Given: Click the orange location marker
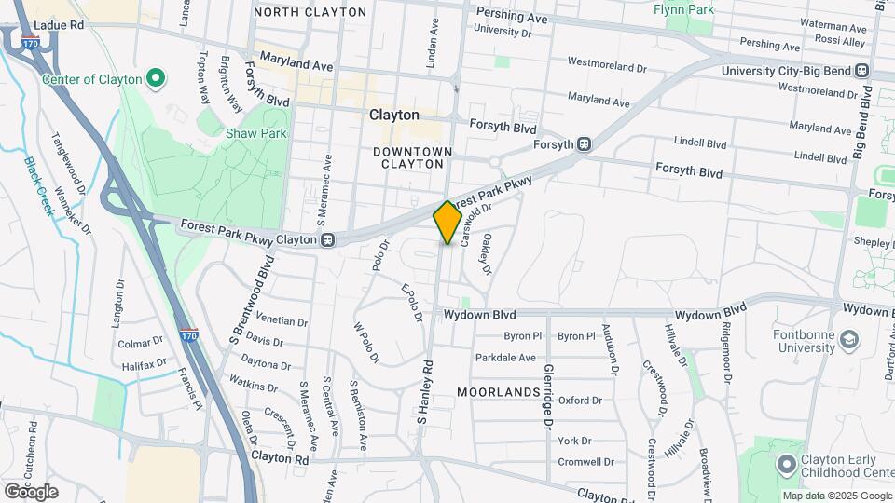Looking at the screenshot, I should [x=447, y=223].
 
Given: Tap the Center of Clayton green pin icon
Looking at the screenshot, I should [x=157, y=79].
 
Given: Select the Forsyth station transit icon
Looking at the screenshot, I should [x=584, y=144].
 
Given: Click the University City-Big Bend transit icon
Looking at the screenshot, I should [x=862, y=70].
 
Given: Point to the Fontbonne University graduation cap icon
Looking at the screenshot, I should [x=848, y=339].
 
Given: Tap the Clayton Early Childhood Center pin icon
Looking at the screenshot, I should [x=786, y=463].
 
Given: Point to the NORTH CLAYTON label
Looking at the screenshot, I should [x=310, y=12].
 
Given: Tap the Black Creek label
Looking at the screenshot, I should [x=39, y=185].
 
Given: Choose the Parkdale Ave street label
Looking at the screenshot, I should [x=505, y=358].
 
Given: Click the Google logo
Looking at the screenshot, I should [x=31, y=492].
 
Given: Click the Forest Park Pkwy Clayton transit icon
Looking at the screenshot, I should [x=328, y=240].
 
